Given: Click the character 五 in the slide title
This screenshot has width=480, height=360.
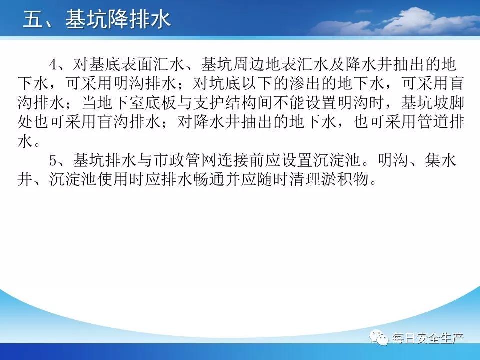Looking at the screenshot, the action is point(33,19).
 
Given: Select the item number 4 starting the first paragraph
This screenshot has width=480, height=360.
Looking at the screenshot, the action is point(53,65).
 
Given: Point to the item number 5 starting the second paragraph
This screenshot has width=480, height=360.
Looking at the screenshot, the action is point(53,160).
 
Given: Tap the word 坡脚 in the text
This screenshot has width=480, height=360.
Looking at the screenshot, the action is point(448,103).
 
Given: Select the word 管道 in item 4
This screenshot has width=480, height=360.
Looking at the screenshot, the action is point(432,122).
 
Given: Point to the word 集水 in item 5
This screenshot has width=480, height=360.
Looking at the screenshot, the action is point(441,160).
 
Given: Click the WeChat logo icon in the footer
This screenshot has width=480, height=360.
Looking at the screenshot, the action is point(379,337).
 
